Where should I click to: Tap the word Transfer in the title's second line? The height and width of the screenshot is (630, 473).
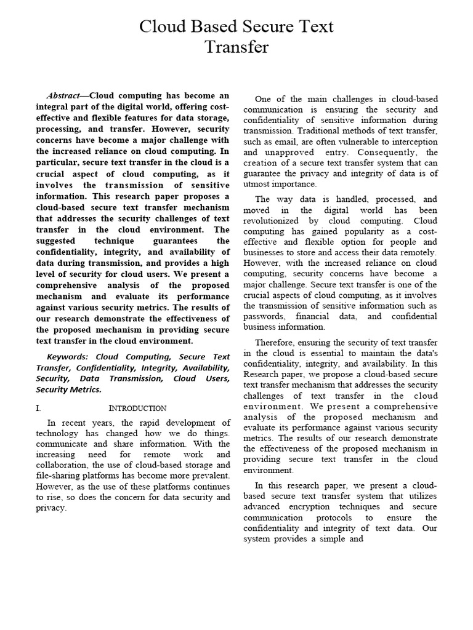[236, 48]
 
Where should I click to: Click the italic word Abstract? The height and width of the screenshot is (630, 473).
[64, 96]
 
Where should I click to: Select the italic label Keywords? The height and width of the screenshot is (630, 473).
[68, 357]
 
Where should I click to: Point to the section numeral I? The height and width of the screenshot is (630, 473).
[38, 408]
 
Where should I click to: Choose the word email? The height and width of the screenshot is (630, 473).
[283, 142]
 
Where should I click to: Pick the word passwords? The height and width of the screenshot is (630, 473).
[262, 316]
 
